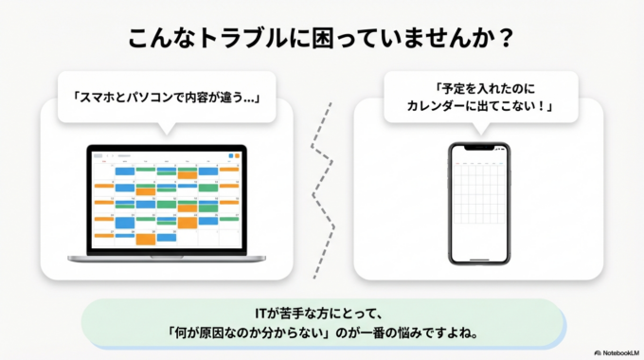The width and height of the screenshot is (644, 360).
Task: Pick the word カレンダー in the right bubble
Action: (x=439, y=107)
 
